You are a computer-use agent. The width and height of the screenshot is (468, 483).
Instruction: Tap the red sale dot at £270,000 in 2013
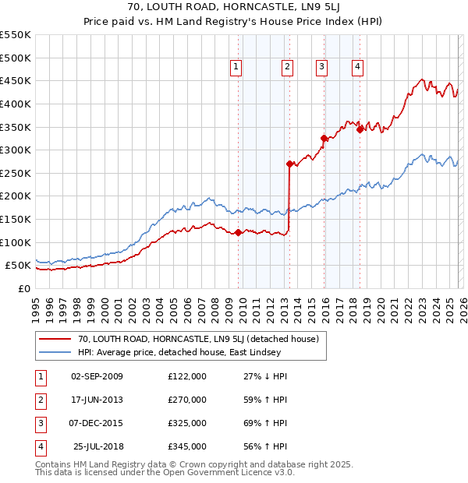(x=289, y=164)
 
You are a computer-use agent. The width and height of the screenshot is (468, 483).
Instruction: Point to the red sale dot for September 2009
(x=238, y=232)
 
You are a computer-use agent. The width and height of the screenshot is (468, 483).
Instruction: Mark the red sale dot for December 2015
(x=324, y=139)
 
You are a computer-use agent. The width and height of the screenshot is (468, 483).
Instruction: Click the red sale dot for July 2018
(x=360, y=129)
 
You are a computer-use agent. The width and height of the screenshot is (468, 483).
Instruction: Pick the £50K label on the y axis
(x=19, y=266)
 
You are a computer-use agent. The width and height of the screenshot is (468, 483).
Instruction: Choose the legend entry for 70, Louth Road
(x=198, y=340)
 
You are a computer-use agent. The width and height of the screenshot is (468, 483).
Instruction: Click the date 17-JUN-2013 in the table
(x=97, y=400)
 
